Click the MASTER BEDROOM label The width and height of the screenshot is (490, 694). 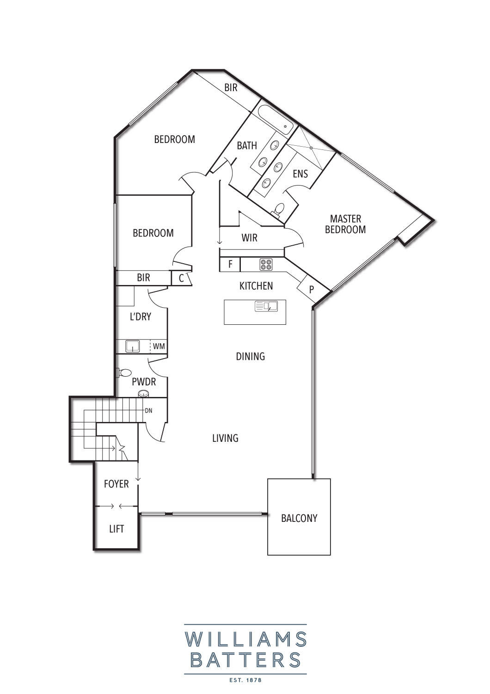click(345, 224)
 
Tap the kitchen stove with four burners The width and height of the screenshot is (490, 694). click(266, 264)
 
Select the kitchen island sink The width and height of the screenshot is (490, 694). click(266, 306)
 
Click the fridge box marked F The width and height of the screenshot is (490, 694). click(230, 264)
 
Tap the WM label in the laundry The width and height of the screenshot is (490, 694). click(159, 346)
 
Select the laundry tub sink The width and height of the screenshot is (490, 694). click(133, 346)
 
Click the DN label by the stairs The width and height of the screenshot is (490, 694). click(148, 411)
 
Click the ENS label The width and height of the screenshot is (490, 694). click(300, 174)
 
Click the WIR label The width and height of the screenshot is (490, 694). click(250, 238)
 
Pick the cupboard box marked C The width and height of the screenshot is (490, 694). click(182, 278)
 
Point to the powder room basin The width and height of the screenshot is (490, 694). click(143, 394)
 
